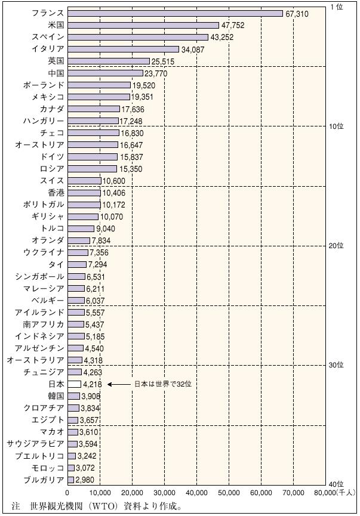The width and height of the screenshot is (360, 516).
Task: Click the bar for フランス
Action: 175,13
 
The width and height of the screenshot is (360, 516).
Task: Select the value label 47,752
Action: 232,25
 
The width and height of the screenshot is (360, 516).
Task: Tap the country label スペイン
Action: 48,37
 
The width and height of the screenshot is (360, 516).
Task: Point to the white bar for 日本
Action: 74,384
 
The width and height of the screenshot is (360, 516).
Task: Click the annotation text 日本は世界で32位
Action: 162,384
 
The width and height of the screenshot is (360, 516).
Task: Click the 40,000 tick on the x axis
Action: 196,493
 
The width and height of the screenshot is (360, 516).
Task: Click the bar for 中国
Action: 106,73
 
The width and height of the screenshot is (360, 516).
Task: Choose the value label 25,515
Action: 164,61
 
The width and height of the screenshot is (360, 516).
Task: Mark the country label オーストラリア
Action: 35,360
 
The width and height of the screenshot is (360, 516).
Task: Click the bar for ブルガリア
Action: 71,480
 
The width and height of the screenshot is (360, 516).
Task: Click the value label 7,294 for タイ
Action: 99,264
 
